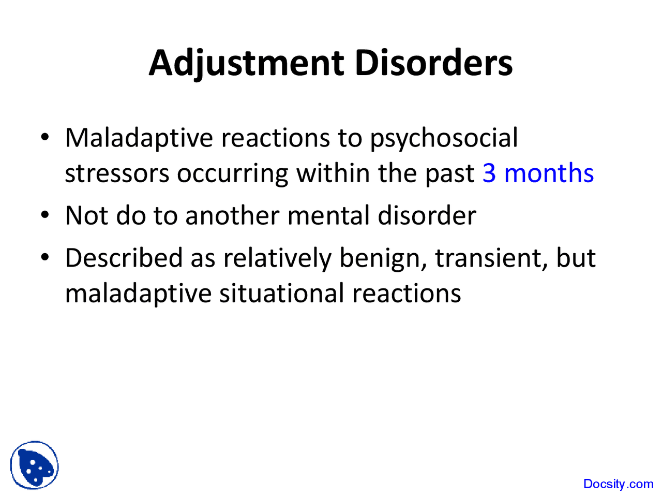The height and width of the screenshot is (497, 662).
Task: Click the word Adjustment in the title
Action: tap(246, 63)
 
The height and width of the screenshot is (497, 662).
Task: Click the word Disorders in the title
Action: tap(433, 63)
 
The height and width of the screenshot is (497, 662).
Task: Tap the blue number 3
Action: tap(489, 173)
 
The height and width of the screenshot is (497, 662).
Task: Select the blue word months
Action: tap(549, 173)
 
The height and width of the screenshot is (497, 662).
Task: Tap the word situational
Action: tap(282, 293)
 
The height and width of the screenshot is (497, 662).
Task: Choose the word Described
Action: tap(124, 258)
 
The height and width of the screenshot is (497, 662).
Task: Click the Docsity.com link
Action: tap(618, 484)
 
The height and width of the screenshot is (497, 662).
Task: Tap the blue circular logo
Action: tap(34, 465)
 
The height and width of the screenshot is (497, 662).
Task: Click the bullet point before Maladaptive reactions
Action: tap(46, 138)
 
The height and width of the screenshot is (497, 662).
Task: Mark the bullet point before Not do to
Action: tap(46, 215)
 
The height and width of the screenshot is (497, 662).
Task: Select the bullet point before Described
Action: tap(46, 258)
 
